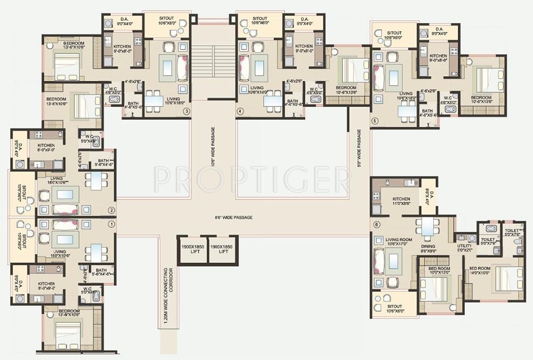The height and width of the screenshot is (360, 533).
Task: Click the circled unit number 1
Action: coord(111,224)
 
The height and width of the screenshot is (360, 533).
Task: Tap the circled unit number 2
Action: coord(111,210)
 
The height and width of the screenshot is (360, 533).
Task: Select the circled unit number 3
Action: coord(186,111)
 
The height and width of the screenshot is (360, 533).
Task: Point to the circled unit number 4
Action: coord(240,111)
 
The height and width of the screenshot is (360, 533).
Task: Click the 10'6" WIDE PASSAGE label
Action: coord(213,148)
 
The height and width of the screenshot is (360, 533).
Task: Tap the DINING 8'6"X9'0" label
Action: coord(429,249)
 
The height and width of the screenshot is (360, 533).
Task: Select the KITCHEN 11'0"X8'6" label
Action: coord(400,200)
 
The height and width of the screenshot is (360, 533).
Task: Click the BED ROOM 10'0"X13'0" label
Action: coord(440,271)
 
